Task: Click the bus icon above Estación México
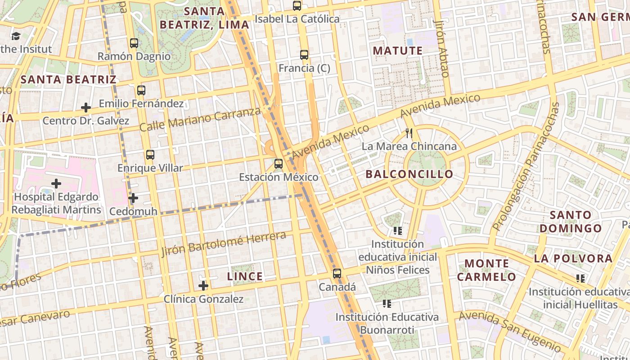[279, 164]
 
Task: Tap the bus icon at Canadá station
[337, 274]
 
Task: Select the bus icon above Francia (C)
[304, 55]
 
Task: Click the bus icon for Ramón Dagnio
[134, 43]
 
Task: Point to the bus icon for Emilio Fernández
[141, 90]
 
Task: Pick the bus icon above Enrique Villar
[150, 155]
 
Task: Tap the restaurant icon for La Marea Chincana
[409, 133]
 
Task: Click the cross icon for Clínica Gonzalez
[203, 286]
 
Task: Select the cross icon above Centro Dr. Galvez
[86, 108]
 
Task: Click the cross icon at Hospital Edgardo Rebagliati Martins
[56, 184]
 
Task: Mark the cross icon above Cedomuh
[133, 198]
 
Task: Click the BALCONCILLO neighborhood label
[409, 174]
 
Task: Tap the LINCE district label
[245, 276]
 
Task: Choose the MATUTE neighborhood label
[398, 51]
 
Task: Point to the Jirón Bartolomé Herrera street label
[224, 243]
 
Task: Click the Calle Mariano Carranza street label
[200, 119]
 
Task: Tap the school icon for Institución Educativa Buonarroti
[387, 304]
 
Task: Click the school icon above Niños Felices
[398, 231]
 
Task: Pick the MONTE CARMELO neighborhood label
[486, 270]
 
